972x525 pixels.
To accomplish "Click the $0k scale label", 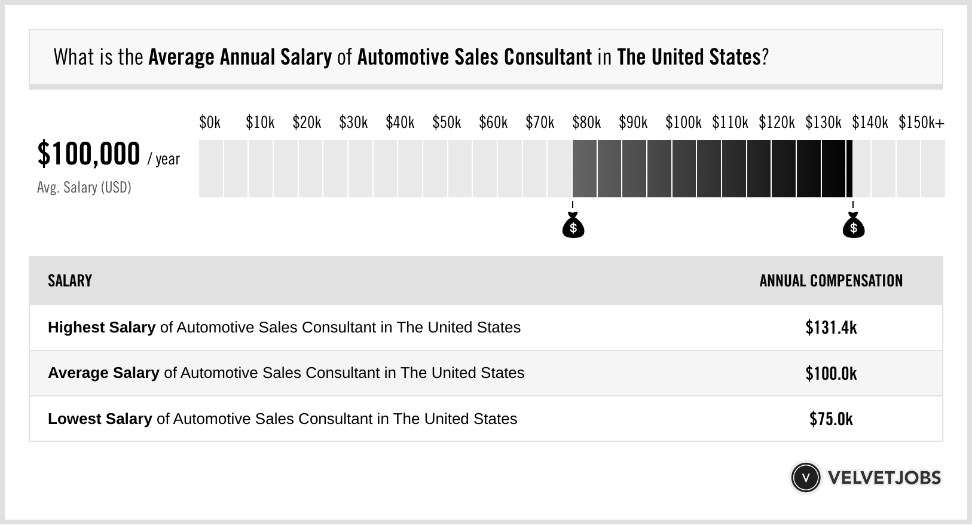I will pos(210,123).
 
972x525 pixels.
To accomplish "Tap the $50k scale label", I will pos(447,123).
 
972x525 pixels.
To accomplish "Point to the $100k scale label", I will pos(683,123).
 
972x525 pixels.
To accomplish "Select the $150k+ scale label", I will pos(921,123).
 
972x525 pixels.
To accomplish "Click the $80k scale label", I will pos(586,123).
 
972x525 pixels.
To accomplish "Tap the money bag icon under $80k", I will pos(573,225).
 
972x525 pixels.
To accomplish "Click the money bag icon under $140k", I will pos(854,225).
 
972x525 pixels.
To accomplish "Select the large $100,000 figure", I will pos(88,154).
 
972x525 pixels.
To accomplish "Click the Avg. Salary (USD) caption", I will pos(84,188).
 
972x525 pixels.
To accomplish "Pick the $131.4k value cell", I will pos(831,328).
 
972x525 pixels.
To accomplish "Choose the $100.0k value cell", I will pos(831,374).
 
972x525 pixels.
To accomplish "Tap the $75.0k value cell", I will pos(831,419).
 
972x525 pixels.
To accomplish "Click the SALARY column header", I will pos(70,281).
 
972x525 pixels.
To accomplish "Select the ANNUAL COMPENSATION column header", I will pos(831,281).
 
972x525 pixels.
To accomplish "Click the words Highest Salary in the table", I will pos(102,328).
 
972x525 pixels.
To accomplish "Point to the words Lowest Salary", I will pos(100,419).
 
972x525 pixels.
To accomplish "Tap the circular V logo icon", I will pos(805,478).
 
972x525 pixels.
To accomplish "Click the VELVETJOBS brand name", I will pos(884,478).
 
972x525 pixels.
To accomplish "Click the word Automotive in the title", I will pos(396,57).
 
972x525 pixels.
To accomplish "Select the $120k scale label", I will pos(777,123).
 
